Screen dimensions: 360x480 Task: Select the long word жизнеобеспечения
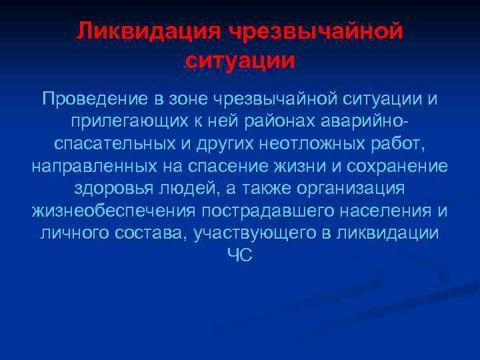pyautogui.click(x=113, y=212)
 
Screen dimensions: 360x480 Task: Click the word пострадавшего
pyautogui.click(x=266, y=212)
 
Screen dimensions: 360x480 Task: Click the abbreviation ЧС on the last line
pyautogui.click(x=240, y=257)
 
